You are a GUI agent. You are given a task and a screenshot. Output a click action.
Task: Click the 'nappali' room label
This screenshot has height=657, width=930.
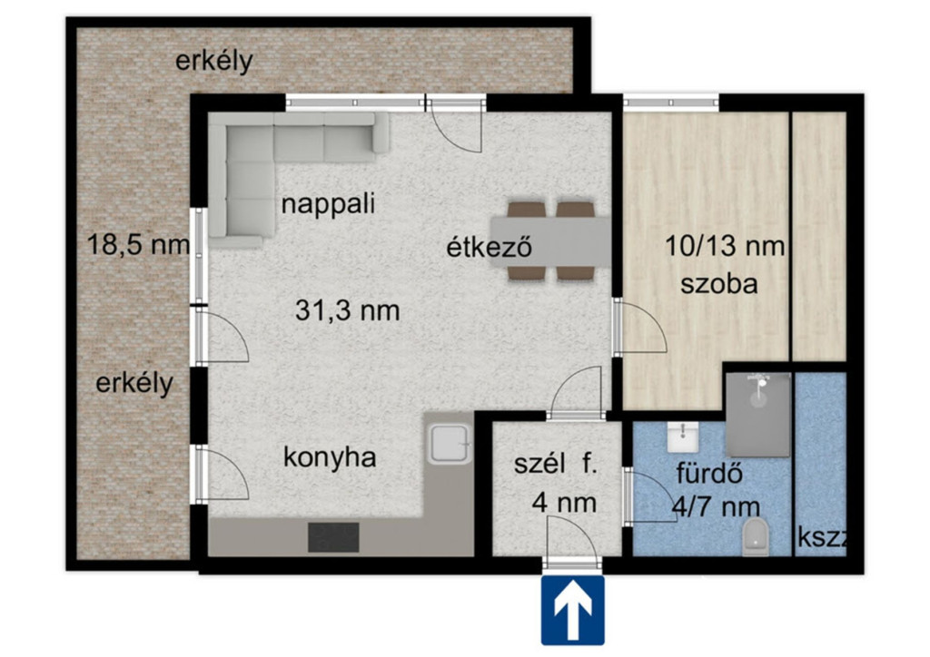[328, 204]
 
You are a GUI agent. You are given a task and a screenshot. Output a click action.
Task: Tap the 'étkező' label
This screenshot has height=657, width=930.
[489, 247]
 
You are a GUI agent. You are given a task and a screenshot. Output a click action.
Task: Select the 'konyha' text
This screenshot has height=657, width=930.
[330, 458]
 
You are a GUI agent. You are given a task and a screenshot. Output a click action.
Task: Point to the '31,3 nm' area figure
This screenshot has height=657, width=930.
[348, 310]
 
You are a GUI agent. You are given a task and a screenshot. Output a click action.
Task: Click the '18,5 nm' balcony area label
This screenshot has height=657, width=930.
[138, 244]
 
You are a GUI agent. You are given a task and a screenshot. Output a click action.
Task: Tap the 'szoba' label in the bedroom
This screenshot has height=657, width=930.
[719, 284]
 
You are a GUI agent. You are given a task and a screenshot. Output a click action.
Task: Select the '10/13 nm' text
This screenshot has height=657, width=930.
[725, 245]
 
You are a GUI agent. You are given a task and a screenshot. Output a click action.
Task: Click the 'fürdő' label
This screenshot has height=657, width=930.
[709, 474]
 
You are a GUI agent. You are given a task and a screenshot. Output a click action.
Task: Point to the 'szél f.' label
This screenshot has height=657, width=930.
[555, 464]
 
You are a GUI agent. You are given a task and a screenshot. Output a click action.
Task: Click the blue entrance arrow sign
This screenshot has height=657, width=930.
[572, 610]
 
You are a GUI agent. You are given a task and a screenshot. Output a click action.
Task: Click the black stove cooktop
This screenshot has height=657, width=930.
[333, 537]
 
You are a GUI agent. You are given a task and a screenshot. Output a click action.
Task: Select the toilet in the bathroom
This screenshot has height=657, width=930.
[755, 536]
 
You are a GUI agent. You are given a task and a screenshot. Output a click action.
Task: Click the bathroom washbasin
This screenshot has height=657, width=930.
[683, 437]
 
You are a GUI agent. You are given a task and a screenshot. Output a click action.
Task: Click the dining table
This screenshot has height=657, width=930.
[550, 241]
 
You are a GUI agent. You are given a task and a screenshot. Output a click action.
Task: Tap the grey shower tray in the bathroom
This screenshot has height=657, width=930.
[758, 415]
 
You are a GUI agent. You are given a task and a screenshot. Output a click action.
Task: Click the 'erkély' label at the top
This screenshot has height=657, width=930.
[214, 61]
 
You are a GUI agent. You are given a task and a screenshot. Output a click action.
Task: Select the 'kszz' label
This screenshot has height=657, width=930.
[822, 537]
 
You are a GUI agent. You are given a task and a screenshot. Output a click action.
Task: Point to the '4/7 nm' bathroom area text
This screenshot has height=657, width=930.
[716, 506]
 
